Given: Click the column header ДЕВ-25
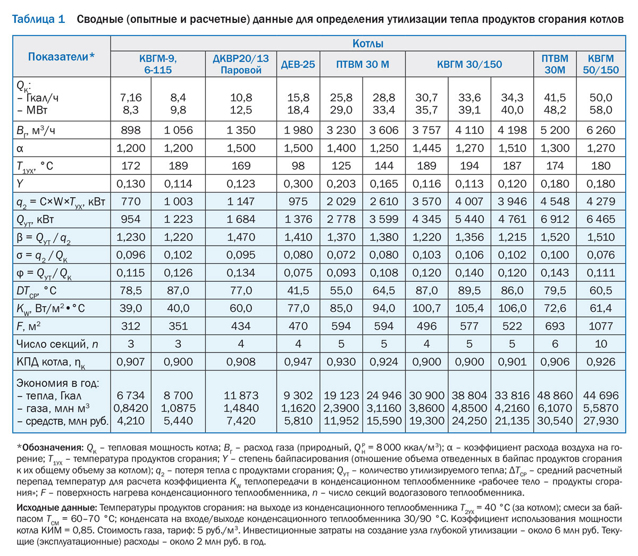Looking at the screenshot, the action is (x=298, y=64).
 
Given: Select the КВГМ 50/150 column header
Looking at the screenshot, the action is (x=601, y=64).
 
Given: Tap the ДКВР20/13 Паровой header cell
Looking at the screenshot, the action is (x=241, y=64).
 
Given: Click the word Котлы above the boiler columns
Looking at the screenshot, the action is (x=367, y=44).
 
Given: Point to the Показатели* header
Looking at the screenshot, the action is (x=61, y=57).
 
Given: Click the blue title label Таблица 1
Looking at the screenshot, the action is (x=38, y=19).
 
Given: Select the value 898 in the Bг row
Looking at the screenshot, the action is (x=131, y=130).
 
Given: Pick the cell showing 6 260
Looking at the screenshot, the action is (x=601, y=130).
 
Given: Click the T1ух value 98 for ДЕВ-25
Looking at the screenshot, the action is (x=298, y=165).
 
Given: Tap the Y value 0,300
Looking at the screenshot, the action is (x=298, y=183).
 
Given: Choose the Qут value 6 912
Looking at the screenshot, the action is (x=555, y=219).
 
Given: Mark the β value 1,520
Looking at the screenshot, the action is (x=555, y=237).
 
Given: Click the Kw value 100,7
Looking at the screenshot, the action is (x=426, y=308).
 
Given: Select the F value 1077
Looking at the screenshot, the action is (x=601, y=326).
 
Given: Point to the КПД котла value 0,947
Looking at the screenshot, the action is (x=298, y=362).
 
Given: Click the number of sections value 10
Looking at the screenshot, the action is (x=601, y=344).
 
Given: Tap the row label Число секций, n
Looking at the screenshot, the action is (x=57, y=344).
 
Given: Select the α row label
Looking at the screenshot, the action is (x=20, y=148).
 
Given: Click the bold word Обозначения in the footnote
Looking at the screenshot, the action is (x=53, y=448).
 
